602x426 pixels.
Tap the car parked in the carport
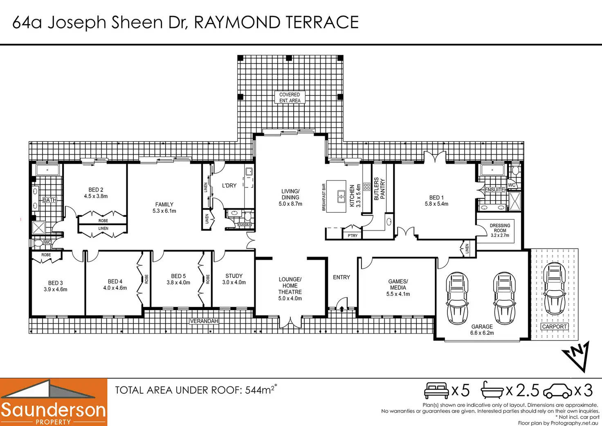[555, 289]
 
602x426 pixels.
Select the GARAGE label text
[482, 327]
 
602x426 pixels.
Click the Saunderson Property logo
[53, 402]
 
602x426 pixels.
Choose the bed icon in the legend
[436, 390]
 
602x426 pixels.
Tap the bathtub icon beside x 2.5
[492, 390]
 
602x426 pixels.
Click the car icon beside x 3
[557, 391]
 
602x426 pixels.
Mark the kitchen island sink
[341, 196]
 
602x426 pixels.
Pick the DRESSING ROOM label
[500, 228]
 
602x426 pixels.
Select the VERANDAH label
[204, 321]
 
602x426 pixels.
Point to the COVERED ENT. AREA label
[290, 97]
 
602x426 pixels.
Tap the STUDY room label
[234, 276]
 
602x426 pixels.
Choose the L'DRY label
[229, 185]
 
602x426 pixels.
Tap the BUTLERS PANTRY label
[380, 188]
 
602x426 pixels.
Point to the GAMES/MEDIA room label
[398, 284]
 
